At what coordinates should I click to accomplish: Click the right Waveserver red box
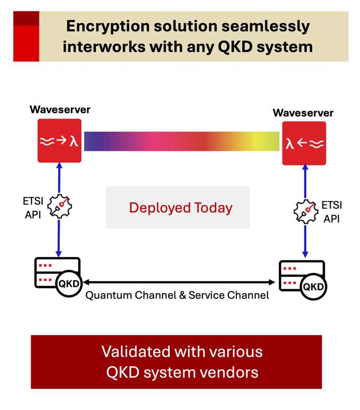[x=304, y=143]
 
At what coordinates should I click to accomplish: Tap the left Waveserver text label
[x=60, y=110]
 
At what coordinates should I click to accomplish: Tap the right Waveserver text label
[x=303, y=113]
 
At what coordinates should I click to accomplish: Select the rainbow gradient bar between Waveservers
[x=181, y=142]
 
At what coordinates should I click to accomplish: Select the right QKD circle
[x=313, y=286]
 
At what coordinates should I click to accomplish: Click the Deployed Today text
[x=180, y=208]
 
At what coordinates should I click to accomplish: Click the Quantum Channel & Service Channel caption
[x=177, y=295]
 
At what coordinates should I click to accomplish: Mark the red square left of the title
[x=26, y=37]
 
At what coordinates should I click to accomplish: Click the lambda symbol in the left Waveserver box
[x=73, y=141]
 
